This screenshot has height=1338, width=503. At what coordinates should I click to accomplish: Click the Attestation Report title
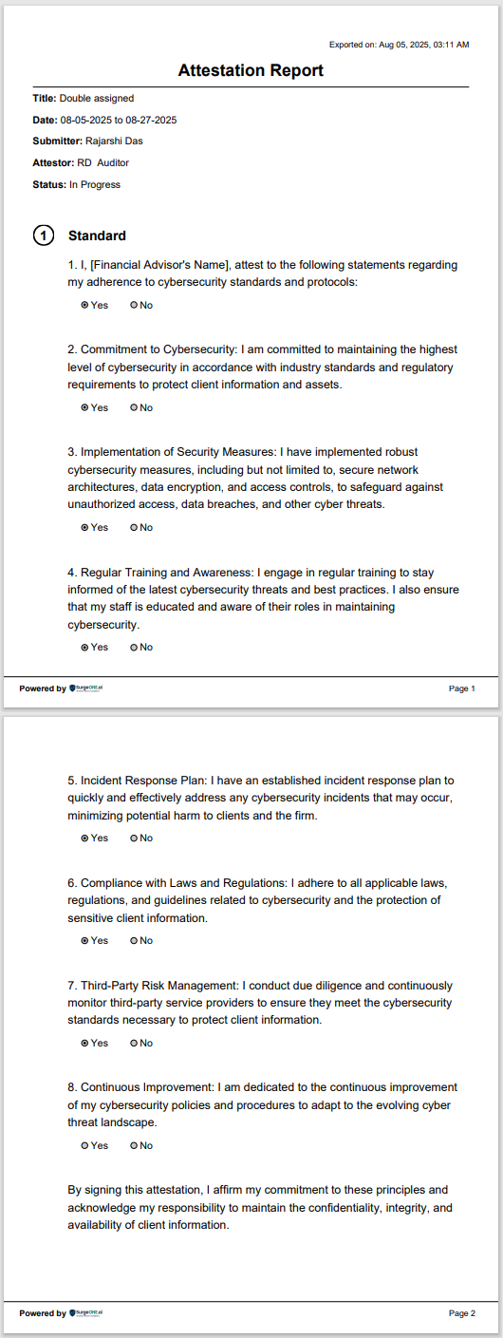click(251, 70)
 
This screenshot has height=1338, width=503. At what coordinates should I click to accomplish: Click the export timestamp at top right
click(399, 45)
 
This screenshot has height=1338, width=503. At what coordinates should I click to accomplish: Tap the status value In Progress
click(95, 185)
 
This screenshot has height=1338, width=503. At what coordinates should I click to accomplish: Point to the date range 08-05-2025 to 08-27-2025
click(119, 120)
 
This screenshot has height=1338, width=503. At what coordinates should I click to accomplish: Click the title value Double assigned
click(97, 98)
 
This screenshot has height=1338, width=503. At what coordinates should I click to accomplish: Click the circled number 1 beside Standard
click(44, 236)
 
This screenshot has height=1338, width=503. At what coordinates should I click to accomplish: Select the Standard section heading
click(97, 236)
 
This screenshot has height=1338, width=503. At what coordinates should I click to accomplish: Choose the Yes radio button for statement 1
click(85, 306)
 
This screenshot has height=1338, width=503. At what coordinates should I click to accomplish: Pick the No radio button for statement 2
click(134, 408)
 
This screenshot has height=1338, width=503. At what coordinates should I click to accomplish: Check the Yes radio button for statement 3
click(85, 528)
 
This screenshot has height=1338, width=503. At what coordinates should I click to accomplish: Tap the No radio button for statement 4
click(134, 648)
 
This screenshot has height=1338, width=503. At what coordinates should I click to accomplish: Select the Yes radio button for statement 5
click(85, 839)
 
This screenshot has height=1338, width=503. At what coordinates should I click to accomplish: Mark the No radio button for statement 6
click(134, 941)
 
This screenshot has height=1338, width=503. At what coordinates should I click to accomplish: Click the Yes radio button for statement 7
click(85, 1044)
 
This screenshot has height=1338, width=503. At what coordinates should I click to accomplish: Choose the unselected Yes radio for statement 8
click(85, 1146)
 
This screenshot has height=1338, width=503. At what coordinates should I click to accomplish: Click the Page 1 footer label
click(461, 688)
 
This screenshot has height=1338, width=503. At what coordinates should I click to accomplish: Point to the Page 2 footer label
click(461, 1313)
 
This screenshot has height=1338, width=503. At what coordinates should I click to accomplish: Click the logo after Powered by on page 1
click(86, 688)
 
